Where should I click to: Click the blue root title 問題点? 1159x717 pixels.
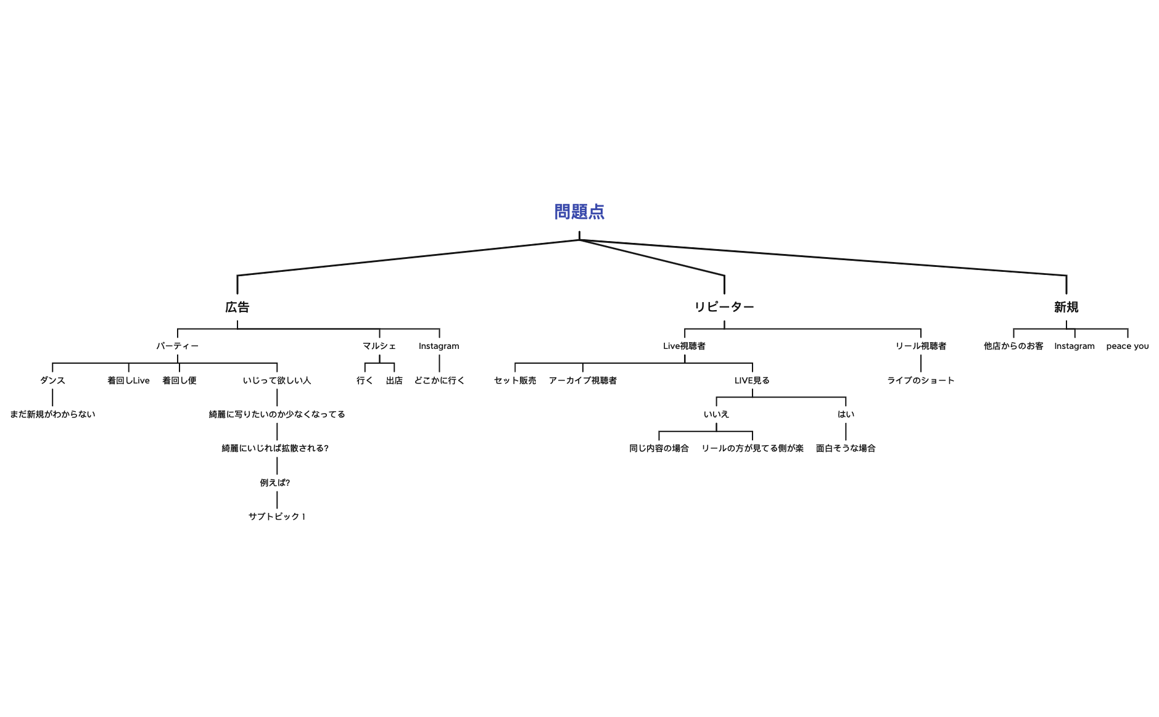[579, 212]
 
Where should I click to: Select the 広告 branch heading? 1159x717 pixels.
[237, 307]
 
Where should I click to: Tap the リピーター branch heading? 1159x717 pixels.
[724, 307]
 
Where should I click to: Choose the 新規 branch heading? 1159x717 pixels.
[1066, 307]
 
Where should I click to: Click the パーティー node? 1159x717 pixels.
[178, 346]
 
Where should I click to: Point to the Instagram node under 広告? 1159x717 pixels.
[439, 346]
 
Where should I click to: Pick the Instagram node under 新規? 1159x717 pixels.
[1074, 346]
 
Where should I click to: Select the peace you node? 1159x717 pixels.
[1128, 346]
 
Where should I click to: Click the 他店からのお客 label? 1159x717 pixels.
[1013, 346]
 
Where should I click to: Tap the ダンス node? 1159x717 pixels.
[52, 380]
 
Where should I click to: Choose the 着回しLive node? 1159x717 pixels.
[128, 380]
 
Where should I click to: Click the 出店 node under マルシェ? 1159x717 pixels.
[394, 380]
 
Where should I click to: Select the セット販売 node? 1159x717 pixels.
[515, 380]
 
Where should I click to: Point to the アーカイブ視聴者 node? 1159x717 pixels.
[583, 380]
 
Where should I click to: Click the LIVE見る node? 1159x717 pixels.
[752, 380]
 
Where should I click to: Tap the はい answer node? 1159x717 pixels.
[846, 414]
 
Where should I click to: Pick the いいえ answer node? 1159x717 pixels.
[716, 414]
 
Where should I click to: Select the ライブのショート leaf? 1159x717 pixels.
[921, 380]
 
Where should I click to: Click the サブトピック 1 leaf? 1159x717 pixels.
[277, 517]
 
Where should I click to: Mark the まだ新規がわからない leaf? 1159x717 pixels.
[52, 414]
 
